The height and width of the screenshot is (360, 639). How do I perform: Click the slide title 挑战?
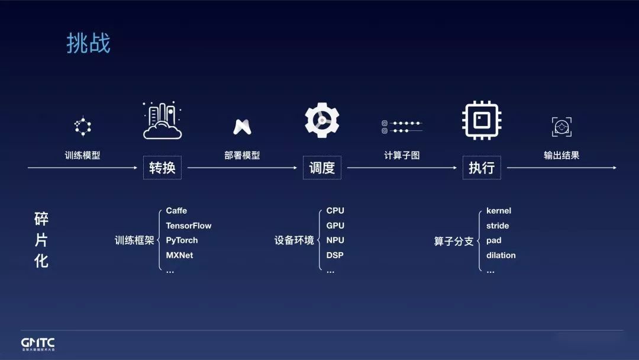(x=88, y=44)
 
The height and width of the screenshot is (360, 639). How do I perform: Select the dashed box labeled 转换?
(x=162, y=168)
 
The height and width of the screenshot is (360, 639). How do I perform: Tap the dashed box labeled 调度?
(x=322, y=168)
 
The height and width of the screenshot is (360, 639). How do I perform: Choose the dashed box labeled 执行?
(x=482, y=168)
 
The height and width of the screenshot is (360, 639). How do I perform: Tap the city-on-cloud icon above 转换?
(x=162, y=121)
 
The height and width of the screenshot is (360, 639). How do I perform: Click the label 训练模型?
(x=82, y=155)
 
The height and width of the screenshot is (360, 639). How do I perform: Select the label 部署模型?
(x=242, y=155)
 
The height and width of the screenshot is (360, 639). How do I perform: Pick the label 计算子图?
(x=402, y=155)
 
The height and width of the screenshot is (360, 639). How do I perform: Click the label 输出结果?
(x=561, y=155)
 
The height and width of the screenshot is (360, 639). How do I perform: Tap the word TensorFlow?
(x=189, y=226)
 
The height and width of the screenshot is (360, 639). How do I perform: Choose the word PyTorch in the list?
(x=182, y=240)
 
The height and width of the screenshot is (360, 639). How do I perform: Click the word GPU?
(x=335, y=226)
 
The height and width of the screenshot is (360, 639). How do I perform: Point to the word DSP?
(x=335, y=255)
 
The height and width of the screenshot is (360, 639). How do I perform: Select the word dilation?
(x=501, y=255)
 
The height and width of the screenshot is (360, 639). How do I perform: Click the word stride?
(x=498, y=226)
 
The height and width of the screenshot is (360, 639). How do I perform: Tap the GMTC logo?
(x=38, y=343)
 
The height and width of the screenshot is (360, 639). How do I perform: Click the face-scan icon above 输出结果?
(x=561, y=126)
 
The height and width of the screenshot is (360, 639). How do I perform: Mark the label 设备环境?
(x=294, y=241)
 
